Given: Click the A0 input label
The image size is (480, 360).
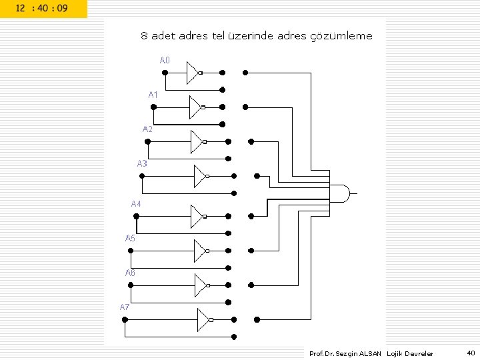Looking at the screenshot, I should coord(165,61).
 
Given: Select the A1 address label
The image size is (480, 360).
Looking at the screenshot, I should coord(153,95).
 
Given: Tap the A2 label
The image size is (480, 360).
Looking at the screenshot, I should coord(147,129).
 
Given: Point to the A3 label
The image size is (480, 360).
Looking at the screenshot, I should coord(142,163).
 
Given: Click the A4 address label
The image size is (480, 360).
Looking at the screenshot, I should coord(136,203).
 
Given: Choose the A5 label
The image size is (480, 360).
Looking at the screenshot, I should coord(131,238).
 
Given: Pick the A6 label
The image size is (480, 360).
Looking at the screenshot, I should coord(130,273).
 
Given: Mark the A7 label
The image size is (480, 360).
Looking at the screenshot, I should coord(125,307).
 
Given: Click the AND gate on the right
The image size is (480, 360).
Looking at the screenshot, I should coord(340,193).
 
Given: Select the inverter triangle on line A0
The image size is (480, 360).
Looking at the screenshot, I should coord(192,73).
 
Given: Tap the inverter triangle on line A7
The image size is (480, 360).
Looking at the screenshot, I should coord(203,320).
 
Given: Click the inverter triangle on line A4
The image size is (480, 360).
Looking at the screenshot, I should coord(197,216).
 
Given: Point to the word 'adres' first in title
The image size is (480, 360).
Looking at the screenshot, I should coord(191,36).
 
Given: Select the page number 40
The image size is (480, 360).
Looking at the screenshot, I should coord(471,353).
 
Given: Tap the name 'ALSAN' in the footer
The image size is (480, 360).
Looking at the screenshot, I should coord(370,353).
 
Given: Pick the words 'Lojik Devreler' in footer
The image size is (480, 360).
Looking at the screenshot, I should coord(409,353).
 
